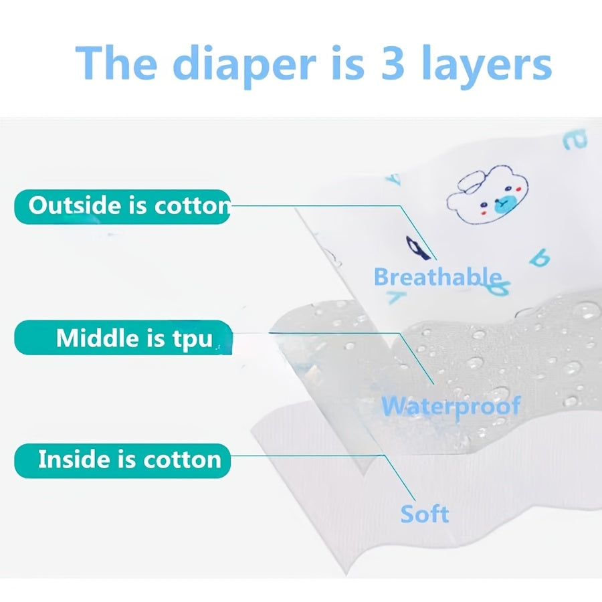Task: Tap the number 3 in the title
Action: point(393,62)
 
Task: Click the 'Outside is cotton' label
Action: point(122,207)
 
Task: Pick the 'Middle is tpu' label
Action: point(123,338)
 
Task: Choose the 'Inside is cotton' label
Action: point(122,460)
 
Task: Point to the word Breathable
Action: point(437,277)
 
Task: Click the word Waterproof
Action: point(451,406)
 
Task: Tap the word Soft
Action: point(425,514)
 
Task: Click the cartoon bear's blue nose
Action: point(503,204)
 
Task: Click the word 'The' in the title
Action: point(116,62)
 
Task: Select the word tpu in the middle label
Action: point(192,339)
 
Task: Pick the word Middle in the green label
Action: point(98,338)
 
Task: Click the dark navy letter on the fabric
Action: point(417,246)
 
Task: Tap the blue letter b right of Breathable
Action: point(540,258)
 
